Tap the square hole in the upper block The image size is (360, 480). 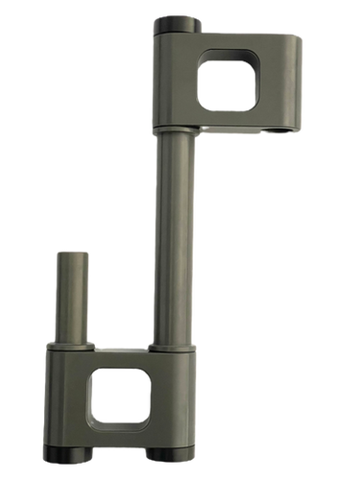click(227, 83)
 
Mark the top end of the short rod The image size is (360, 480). click(73, 253)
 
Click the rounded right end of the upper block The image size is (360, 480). click(298, 82)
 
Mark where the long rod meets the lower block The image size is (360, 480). click(173, 345)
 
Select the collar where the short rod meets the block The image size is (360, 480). click(73, 342)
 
